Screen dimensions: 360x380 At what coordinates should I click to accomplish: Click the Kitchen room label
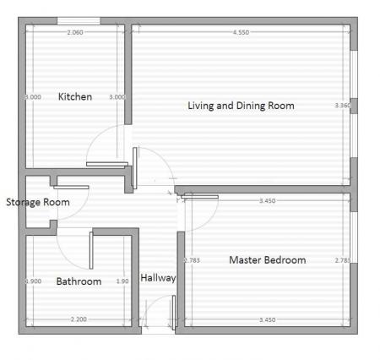(74, 96)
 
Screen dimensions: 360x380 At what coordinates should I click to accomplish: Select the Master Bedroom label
(267, 259)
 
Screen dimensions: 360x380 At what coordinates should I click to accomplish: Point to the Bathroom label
(79, 281)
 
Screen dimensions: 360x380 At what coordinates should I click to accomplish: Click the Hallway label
(158, 277)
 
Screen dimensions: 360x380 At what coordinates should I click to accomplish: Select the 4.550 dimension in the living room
(241, 32)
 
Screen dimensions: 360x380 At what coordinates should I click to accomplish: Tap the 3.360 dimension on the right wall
(342, 106)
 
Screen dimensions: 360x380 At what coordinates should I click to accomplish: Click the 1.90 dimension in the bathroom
(122, 281)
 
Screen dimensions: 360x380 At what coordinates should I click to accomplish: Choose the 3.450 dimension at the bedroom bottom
(267, 320)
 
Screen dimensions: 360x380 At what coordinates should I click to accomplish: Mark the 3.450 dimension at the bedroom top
(267, 200)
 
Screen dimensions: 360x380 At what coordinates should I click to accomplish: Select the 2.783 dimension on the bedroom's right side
(342, 260)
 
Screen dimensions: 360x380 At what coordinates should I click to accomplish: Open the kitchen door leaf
(106, 164)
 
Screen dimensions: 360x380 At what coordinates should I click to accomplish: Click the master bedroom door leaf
(201, 197)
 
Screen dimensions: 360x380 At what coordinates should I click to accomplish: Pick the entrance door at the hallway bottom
(172, 314)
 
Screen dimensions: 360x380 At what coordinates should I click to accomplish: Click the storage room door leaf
(72, 187)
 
